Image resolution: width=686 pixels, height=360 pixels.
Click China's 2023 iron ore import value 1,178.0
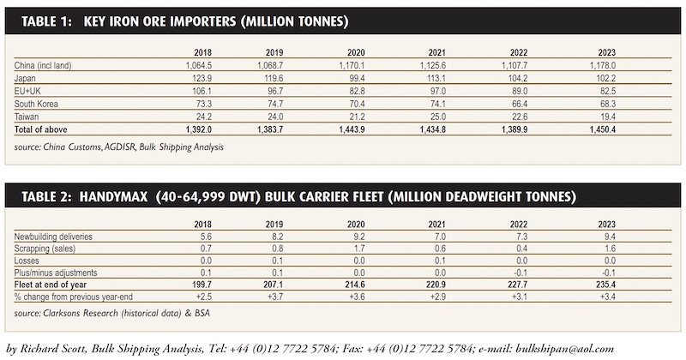pos(603,65)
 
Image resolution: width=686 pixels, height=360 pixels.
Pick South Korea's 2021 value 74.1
pos(437,104)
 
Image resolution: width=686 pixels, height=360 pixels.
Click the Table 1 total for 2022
pos(514,129)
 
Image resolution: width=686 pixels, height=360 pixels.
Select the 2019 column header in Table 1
pos(274,52)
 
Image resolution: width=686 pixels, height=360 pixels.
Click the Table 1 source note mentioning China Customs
pos(118,147)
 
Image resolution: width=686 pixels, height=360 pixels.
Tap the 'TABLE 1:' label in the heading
pos(46,21)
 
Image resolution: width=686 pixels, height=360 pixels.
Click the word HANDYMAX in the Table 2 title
pos(113,196)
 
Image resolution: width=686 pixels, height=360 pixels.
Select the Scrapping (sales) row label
pos(45,249)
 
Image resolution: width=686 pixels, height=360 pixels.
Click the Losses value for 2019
pos(277,261)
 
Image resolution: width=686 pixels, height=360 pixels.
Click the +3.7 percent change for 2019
pos(275,297)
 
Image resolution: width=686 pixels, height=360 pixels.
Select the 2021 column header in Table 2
pos(437,225)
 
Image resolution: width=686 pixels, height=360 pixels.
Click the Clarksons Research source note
pos(111,313)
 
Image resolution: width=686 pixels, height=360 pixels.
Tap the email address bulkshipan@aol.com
pos(564,349)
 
